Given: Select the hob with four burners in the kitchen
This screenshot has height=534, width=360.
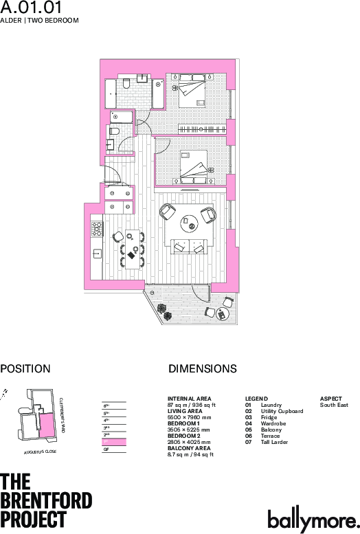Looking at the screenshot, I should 97,225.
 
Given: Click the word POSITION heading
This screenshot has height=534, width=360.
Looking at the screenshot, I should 25,369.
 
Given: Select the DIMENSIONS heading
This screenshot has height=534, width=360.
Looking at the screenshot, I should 202,369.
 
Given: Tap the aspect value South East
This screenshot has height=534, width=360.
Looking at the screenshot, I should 334,405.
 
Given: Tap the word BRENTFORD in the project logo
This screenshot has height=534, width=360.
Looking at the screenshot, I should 46,500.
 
